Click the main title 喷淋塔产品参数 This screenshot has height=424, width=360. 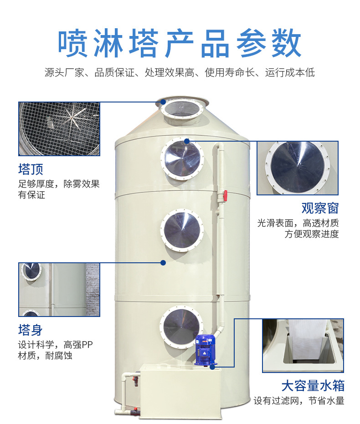[x=180, y=44]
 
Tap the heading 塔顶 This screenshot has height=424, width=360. [x=31, y=169]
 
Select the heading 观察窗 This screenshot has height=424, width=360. [x=320, y=209]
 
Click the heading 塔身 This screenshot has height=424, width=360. [x=31, y=330]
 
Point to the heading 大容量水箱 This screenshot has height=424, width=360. [x=313, y=386]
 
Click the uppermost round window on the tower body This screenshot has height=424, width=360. [x=182, y=159]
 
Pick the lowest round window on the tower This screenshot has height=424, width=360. [x=181, y=327]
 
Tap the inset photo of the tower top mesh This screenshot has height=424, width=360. [x=59, y=129]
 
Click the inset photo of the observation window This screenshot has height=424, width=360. [x=298, y=168]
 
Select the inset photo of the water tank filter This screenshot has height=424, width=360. [x=303, y=345]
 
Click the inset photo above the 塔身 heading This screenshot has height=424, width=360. [x=59, y=290]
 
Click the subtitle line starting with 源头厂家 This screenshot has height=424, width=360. [x=180, y=72]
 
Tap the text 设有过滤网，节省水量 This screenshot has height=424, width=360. [x=298, y=401]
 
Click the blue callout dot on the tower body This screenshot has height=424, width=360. [x=163, y=262]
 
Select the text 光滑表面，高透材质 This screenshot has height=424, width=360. [x=298, y=223]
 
